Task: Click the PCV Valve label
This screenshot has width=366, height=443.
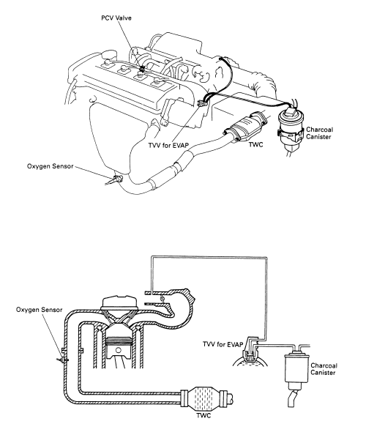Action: [x=116, y=18]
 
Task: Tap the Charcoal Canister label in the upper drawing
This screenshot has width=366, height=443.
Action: [x=319, y=133]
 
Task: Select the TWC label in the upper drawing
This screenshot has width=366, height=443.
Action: [x=255, y=145]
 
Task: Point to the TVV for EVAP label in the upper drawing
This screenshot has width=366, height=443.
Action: [x=168, y=145]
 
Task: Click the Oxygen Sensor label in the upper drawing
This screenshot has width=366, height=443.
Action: [x=50, y=166]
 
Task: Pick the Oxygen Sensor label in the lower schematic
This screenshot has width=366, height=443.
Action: [x=39, y=310]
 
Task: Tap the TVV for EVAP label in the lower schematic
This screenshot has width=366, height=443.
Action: [x=223, y=344]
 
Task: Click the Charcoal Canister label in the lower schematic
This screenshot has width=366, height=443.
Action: [x=324, y=369]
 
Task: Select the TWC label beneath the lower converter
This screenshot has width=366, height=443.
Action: [x=203, y=416]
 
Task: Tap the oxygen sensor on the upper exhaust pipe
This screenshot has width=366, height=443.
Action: [x=114, y=180]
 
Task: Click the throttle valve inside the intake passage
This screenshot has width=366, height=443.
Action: [x=162, y=299]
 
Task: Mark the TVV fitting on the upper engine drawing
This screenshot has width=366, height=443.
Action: [x=202, y=104]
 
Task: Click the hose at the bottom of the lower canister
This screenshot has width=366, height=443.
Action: [x=292, y=398]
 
